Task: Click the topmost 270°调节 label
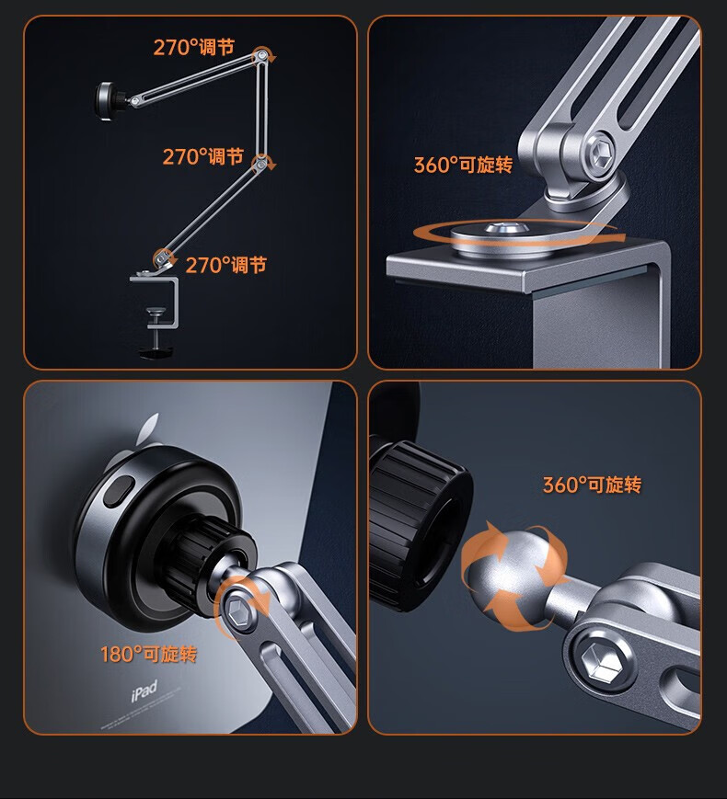[194, 48]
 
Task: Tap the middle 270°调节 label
[203, 156]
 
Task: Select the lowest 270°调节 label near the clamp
[226, 265]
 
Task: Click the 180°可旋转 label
[148, 654]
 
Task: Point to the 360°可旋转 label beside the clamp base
[463, 165]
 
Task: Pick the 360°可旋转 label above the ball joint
[592, 485]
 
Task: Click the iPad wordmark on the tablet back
[144, 691]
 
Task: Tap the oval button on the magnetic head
[118, 491]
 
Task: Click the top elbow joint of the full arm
[261, 54]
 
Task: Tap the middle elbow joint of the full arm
[260, 164]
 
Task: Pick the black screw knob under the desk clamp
[156, 351]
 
